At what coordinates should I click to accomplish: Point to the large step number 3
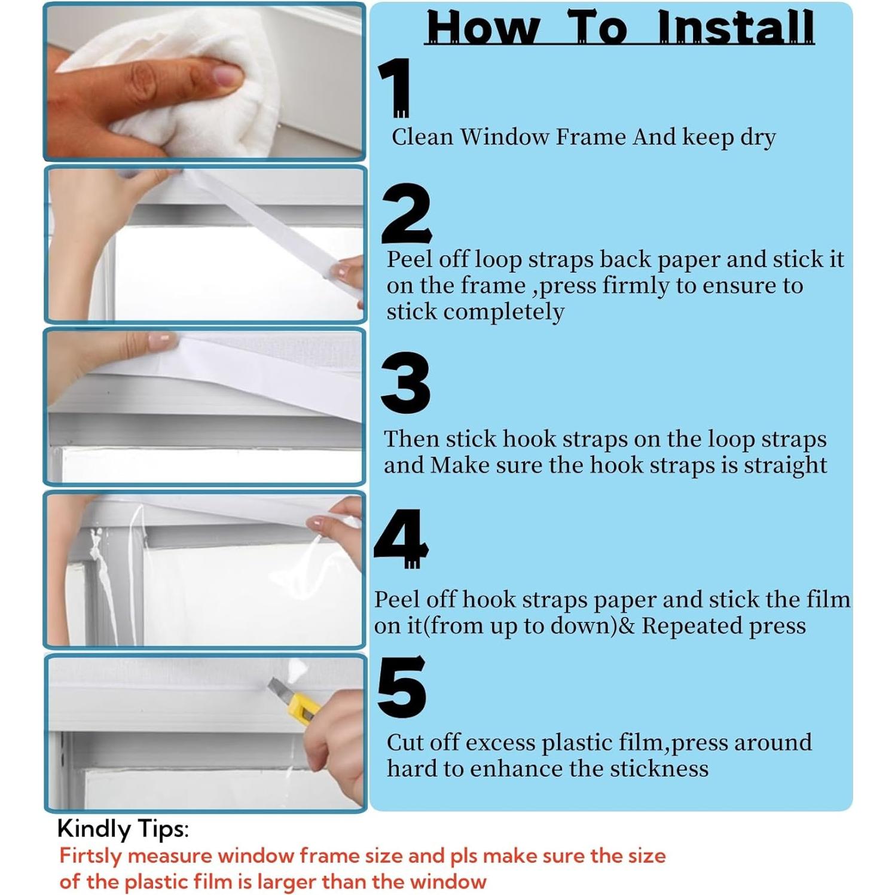point(406,383)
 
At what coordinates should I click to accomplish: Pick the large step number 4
point(401,537)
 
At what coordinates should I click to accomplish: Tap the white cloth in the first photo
point(197,84)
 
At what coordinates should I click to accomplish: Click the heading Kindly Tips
point(123,830)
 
